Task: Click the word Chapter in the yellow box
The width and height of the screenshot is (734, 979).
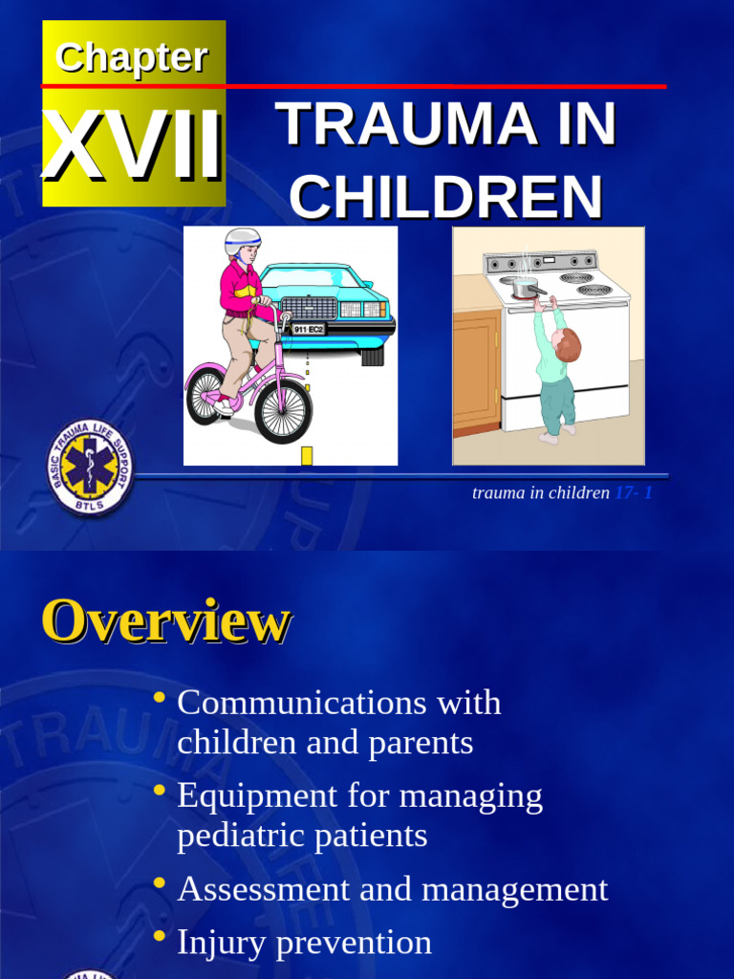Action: [x=132, y=57]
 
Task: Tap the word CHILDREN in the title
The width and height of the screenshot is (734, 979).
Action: [x=445, y=197]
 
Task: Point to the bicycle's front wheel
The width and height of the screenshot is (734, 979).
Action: [x=283, y=411]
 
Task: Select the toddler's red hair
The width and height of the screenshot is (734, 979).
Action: [x=569, y=344]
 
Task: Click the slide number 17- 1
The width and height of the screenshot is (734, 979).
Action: [x=634, y=493]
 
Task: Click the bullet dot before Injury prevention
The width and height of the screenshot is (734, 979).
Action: [x=160, y=936]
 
